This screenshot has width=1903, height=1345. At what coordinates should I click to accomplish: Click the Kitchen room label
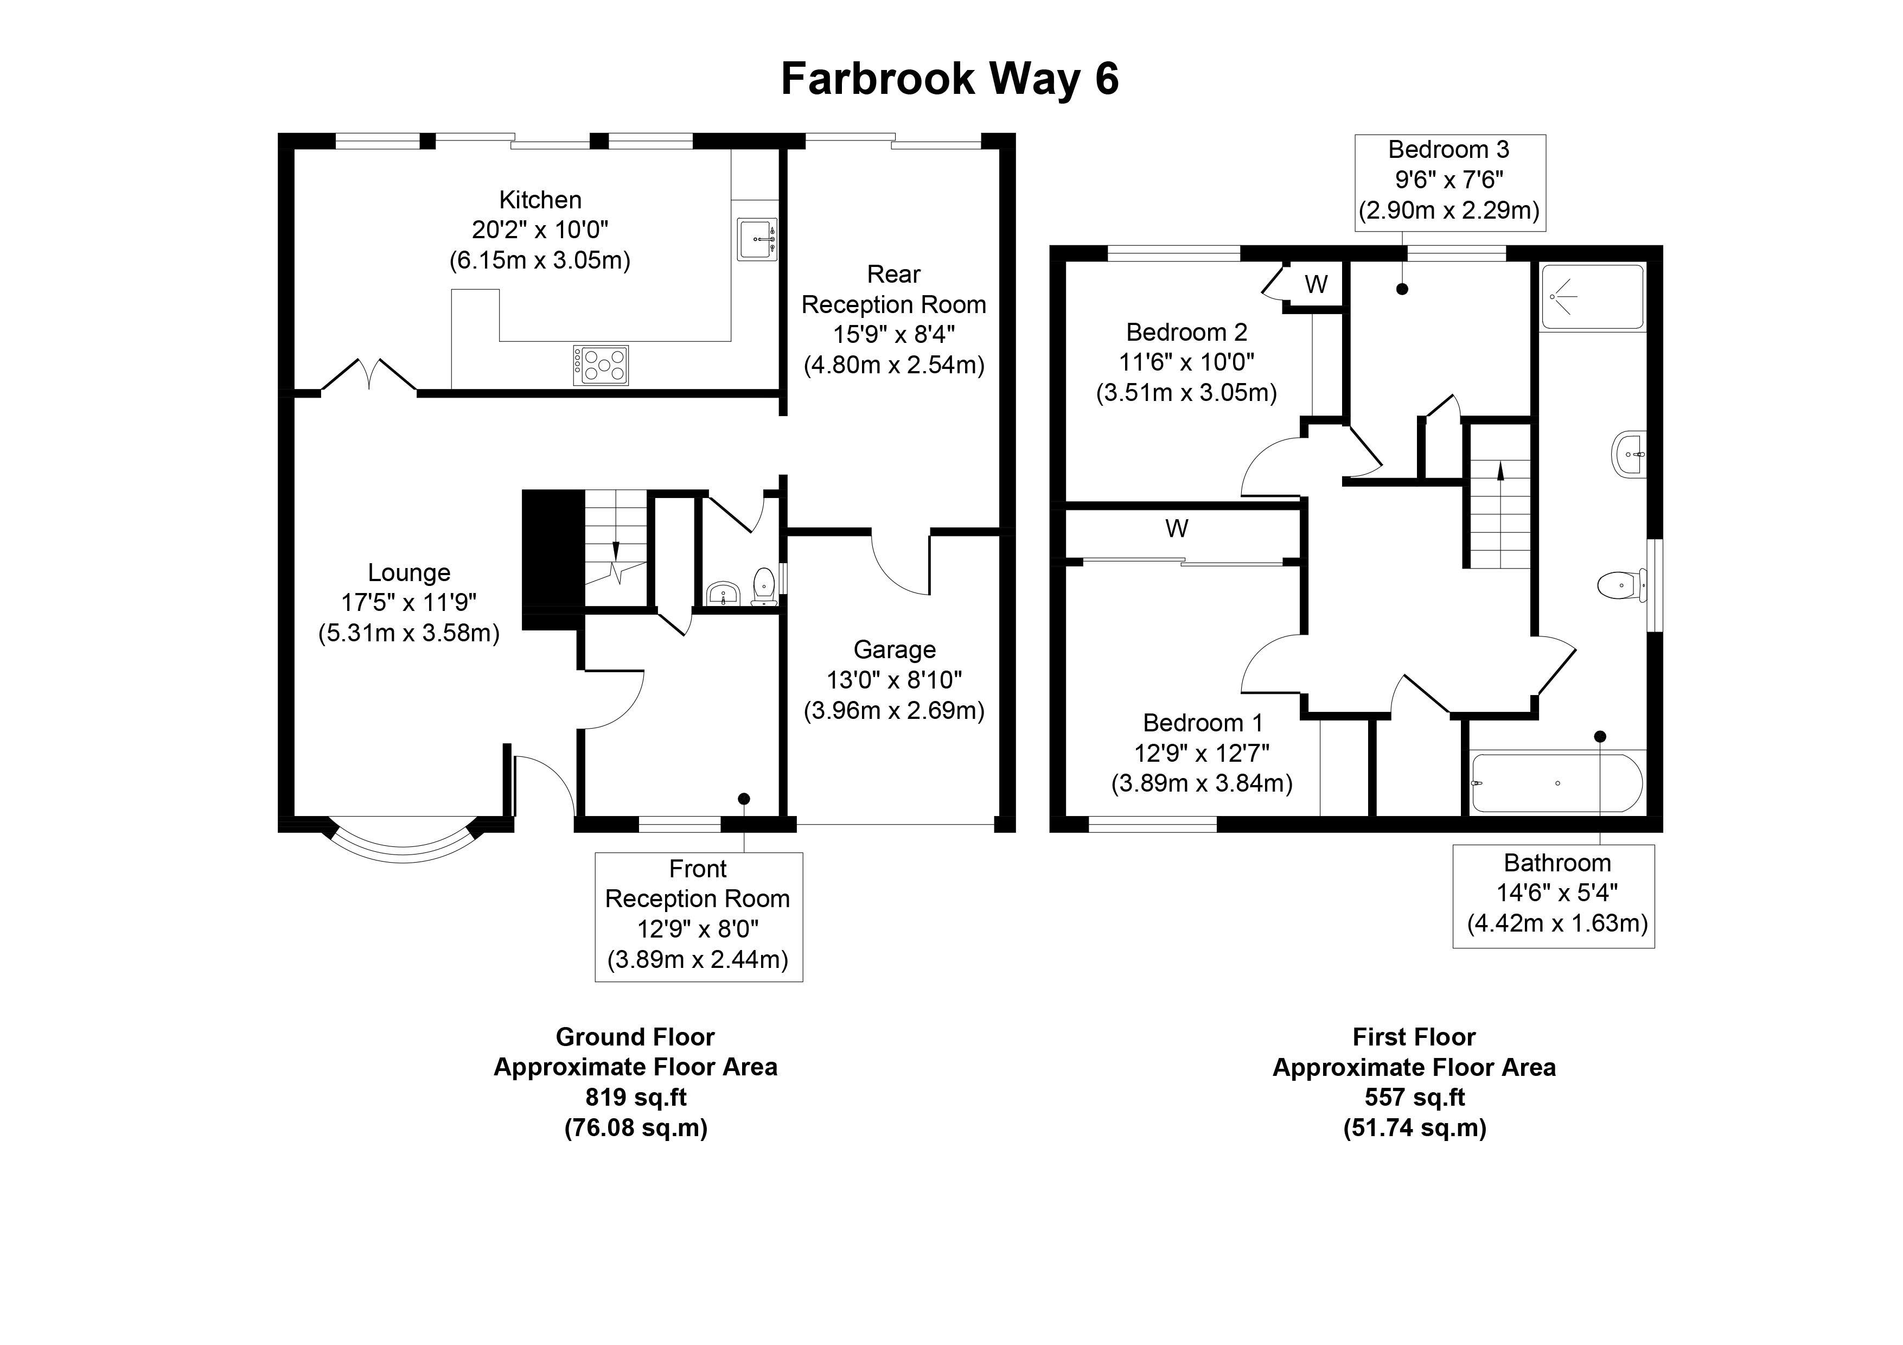click(540, 200)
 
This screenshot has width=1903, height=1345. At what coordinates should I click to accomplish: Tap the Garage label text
click(895, 649)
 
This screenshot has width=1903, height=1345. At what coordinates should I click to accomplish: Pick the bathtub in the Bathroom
click(1556, 783)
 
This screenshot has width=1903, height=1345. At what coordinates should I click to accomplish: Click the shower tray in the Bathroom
click(1592, 297)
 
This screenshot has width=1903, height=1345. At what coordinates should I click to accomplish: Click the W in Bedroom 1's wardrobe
click(1176, 528)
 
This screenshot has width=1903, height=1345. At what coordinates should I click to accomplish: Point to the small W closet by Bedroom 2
click(1316, 284)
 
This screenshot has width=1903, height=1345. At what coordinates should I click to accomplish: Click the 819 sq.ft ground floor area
click(636, 1097)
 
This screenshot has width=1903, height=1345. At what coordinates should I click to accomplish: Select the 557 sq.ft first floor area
click(1414, 1097)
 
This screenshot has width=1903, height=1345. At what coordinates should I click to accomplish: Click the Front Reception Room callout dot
click(744, 799)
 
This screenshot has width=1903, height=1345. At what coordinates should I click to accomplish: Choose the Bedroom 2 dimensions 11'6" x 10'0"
click(1186, 362)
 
